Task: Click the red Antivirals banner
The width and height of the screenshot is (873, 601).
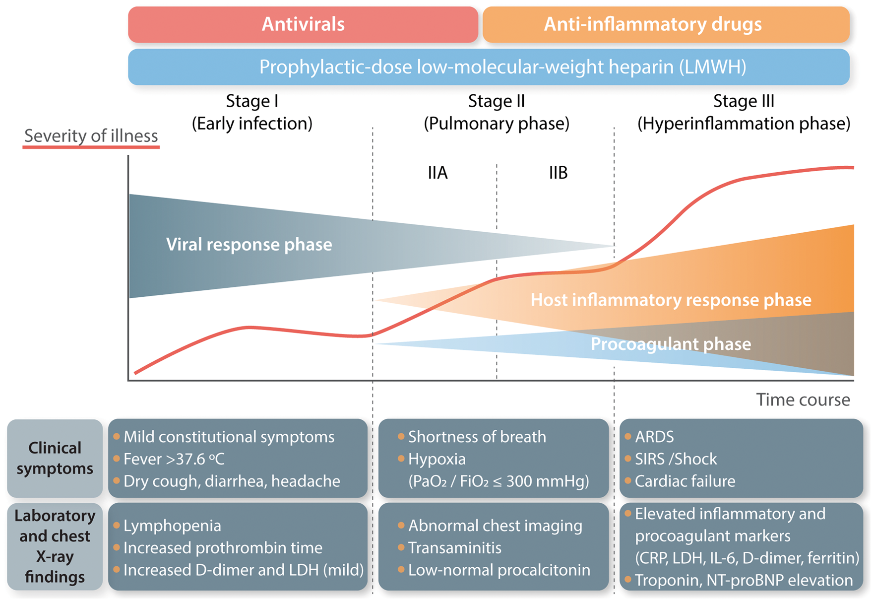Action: click(303, 24)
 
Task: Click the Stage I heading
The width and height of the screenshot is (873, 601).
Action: click(252, 101)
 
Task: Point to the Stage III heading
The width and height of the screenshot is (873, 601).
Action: click(744, 101)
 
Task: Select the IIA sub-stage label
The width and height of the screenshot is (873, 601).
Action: click(437, 173)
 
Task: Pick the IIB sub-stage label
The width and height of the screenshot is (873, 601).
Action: click(558, 173)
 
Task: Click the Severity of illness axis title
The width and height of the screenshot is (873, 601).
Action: click(91, 136)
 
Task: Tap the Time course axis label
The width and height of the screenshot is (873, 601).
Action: click(803, 400)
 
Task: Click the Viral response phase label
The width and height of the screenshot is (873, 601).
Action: click(249, 245)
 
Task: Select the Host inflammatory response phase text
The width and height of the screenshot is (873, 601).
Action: click(671, 300)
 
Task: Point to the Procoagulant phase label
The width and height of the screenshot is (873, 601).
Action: click(671, 344)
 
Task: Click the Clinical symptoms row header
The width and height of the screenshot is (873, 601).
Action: click(55, 458)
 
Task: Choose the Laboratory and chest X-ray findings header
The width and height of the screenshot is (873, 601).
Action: click(55, 546)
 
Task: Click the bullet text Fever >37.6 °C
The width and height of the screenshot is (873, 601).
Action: click(174, 459)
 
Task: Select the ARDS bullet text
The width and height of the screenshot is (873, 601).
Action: click(654, 437)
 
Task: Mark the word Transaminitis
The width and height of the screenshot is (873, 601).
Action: click(454, 548)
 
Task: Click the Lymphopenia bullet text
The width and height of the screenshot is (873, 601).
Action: click(172, 526)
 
